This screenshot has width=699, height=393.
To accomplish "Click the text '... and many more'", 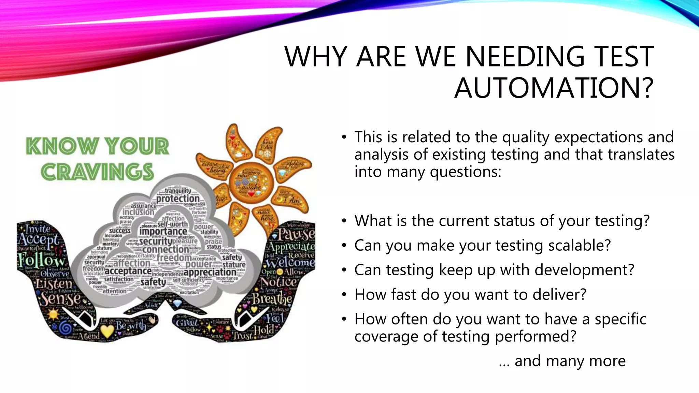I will click(x=562, y=361).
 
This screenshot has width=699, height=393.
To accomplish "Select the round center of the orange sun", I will click(x=251, y=181).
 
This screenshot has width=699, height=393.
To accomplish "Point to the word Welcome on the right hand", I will click(x=290, y=263).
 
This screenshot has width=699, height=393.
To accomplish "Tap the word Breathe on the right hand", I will click(x=272, y=299).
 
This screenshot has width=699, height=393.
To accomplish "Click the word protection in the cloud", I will click(x=178, y=199).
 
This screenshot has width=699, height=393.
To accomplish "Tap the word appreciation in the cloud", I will click(x=210, y=272).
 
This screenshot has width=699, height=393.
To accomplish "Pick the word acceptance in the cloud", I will click(x=128, y=271).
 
